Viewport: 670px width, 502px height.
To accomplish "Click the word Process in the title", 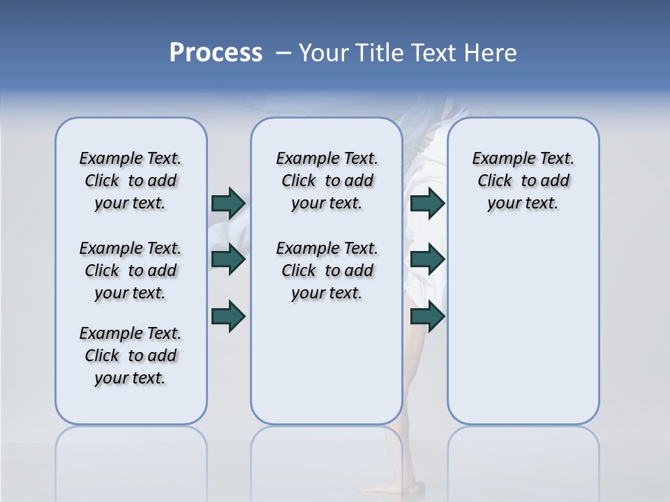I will (x=216, y=53).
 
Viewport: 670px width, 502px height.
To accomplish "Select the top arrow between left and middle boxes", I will (x=228, y=203).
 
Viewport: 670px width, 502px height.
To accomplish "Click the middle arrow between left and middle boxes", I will (x=228, y=259).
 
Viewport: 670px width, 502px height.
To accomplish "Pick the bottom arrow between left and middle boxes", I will (x=228, y=316).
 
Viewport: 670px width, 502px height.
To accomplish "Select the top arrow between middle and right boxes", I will (x=427, y=203).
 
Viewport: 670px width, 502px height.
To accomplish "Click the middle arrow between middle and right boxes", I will (x=427, y=259).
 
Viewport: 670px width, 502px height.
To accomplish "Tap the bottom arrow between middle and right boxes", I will (x=427, y=316).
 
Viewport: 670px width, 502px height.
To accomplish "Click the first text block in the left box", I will (x=131, y=181).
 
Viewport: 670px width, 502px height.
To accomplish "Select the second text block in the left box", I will (x=131, y=271).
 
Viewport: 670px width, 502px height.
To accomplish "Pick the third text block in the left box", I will (x=131, y=356).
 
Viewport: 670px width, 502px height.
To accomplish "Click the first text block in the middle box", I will (x=327, y=181).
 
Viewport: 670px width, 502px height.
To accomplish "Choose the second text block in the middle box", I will (x=327, y=271).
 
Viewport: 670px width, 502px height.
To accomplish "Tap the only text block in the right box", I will (x=523, y=181).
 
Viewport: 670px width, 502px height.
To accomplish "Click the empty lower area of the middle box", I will (x=327, y=363).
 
